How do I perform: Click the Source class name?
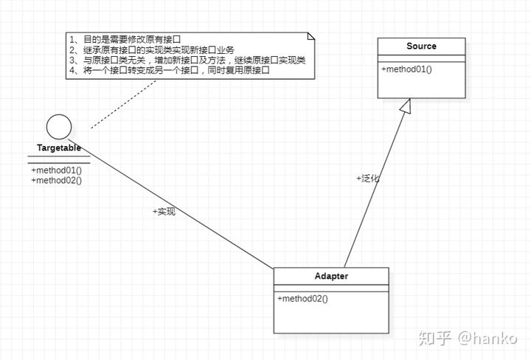coord(421,46)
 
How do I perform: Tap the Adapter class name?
coord(331,277)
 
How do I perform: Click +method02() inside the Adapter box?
coord(302,299)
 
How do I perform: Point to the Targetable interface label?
coord(59,148)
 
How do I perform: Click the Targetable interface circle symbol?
coord(58,127)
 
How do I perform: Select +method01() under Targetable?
coord(56,170)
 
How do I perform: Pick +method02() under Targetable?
coord(56,180)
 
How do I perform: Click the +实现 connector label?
coord(164,212)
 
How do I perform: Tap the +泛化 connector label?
coord(368,179)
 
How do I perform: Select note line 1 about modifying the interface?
coord(125,39)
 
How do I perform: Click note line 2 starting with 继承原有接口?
coord(150,49)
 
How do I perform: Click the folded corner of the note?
coord(310,36)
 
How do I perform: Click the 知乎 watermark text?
coord(434,338)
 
